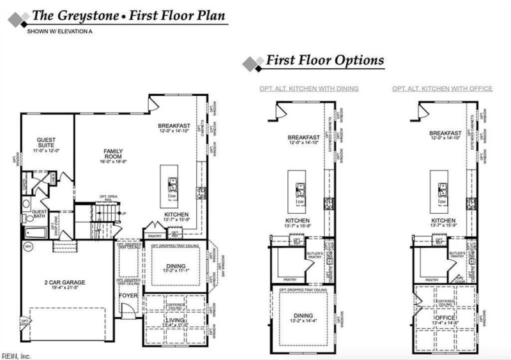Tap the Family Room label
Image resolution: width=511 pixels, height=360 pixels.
[x=113, y=154]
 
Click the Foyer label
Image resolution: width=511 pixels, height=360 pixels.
[x=128, y=296]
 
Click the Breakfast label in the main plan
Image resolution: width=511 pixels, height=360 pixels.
[x=174, y=126]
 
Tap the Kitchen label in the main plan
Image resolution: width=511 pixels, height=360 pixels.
[x=174, y=214]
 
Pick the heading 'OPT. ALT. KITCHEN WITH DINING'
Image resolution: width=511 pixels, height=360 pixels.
[x=309, y=88]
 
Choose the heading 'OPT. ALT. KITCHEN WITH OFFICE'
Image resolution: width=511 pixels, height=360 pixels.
[x=442, y=88]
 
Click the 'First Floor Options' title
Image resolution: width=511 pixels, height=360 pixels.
[x=324, y=61]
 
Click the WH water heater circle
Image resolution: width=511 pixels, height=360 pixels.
[x=28, y=246]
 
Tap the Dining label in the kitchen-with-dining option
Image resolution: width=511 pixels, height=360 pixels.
[x=304, y=315]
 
